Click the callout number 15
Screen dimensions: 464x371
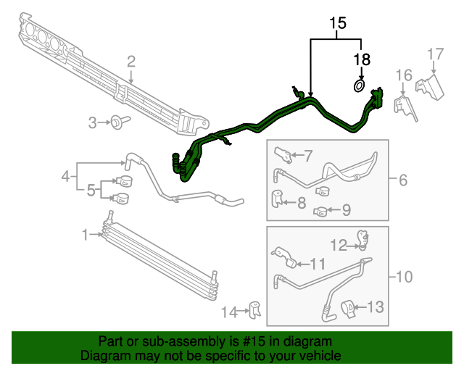pyautogui.click(x=338, y=23)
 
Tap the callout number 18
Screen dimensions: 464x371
pyautogui.click(x=362, y=59)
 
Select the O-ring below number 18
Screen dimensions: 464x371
pyautogui.click(x=360, y=86)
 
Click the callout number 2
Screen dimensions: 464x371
pyautogui.click(x=131, y=62)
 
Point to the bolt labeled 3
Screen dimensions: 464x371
pyautogui.click(x=120, y=122)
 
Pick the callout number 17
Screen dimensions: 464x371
pyautogui.click(x=436, y=54)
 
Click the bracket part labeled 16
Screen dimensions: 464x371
pyautogui.click(x=405, y=107)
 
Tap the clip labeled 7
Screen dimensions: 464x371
pyautogui.click(x=283, y=155)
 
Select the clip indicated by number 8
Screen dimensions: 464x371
pyautogui.click(x=277, y=199)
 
